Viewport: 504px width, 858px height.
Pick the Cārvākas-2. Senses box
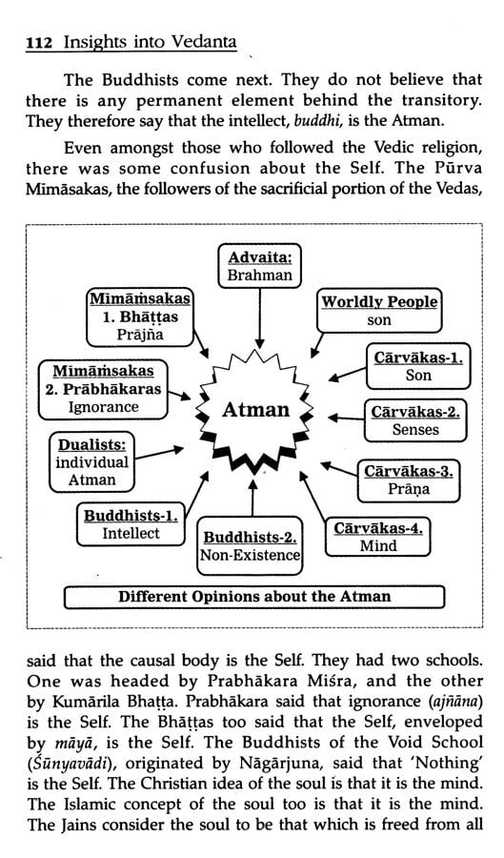coord(415,420)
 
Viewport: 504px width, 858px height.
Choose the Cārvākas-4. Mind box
coord(378,537)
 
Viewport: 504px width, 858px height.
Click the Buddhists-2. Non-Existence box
coord(251,543)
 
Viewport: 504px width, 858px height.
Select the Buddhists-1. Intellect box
coord(131,523)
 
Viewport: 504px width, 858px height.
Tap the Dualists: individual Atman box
coord(91,462)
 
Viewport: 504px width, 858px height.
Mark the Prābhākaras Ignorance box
coord(91,388)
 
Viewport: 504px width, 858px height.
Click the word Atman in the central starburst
coord(255,411)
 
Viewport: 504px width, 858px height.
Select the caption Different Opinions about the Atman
coord(253,597)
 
